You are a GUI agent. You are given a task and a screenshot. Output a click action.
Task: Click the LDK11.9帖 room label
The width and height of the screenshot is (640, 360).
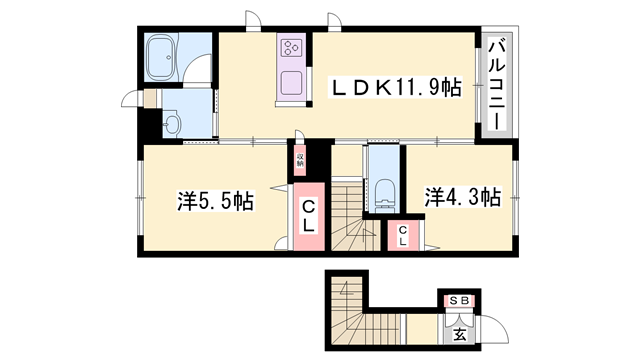[x=396, y=89]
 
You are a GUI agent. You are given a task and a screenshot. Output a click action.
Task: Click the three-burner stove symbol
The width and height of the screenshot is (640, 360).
[x=292, y=49]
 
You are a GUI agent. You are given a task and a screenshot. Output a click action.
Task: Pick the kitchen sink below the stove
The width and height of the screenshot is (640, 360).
[x=292, y=82]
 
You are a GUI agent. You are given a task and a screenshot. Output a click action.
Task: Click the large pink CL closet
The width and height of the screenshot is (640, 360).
[x=309, y=216]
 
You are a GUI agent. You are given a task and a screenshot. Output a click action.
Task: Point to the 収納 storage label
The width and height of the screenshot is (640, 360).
[x=299, y=157]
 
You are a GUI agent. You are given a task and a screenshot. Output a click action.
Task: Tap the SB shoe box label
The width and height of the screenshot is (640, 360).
[x=459, y=299]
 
